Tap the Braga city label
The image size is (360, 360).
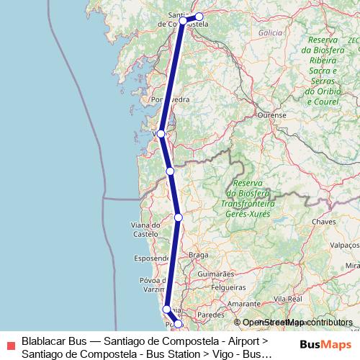tap(198, 255)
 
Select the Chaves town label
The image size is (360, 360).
tap(324, 222)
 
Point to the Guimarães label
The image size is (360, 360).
tap(217, 274)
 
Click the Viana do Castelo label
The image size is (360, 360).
tap(145, 230)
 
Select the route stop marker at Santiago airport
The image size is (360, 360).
tap(199, 17)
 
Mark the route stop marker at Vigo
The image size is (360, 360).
tap(161, 134)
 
